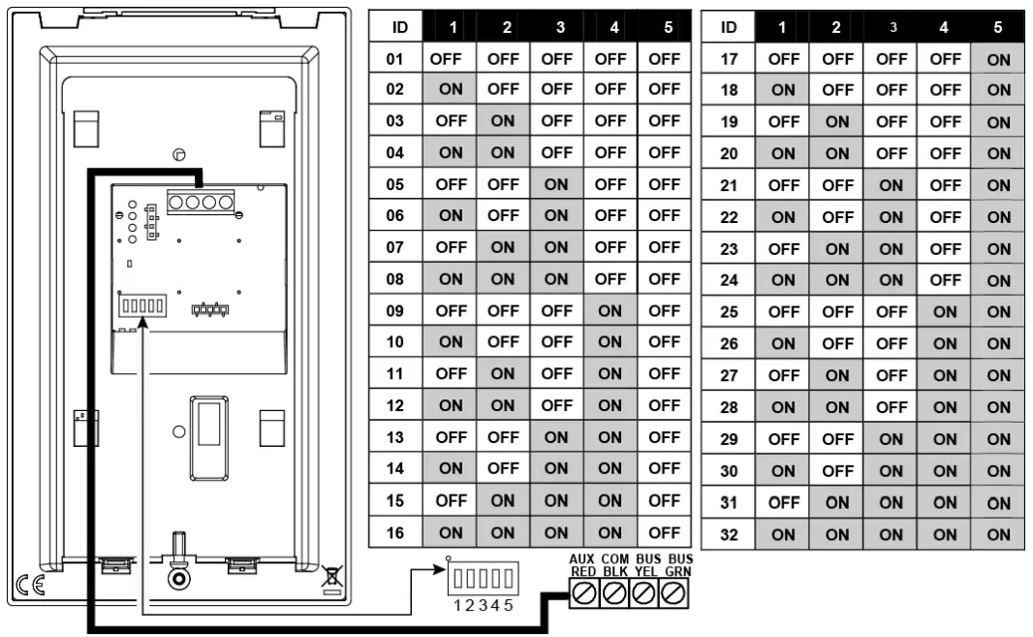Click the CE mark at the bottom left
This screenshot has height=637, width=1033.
point(18,583)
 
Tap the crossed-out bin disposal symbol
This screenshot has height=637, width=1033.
point(331,580)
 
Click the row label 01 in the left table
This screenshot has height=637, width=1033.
point(394,59)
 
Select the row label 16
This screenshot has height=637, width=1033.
point(394,532)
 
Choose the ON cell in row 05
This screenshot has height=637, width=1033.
point(556,185)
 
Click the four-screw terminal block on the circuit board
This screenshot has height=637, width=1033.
point(201,202)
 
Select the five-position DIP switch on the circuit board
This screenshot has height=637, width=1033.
point(142,307)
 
